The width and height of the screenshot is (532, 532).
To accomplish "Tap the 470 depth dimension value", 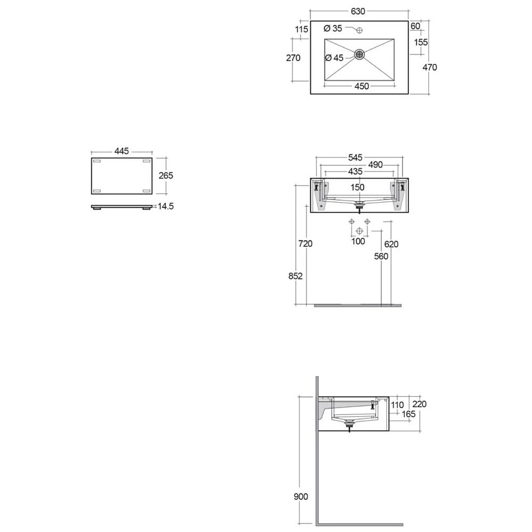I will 429,67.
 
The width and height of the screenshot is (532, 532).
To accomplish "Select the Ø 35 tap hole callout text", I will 334,28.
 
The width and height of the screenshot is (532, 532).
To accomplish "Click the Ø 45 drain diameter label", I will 334,58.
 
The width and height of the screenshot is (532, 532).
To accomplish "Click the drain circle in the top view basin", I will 360,54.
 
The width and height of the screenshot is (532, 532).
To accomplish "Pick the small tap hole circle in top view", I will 359,29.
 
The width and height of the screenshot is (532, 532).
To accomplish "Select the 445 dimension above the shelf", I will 122,152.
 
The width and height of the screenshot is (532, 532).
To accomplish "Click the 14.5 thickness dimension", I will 165,206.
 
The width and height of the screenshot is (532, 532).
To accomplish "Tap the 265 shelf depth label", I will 165,175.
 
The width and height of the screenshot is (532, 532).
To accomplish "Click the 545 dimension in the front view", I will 355,157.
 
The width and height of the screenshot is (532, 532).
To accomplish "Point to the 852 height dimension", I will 296,276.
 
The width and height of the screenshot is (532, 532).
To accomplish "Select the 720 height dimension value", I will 305,244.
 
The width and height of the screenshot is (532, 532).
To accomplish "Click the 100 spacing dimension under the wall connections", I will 359,242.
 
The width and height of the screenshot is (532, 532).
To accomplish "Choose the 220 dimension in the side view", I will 420,404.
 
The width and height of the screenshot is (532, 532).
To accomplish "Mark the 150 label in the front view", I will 358,187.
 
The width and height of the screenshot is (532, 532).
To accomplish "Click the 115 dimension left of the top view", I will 302,30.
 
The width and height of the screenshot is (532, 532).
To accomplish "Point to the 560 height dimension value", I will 380,256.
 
